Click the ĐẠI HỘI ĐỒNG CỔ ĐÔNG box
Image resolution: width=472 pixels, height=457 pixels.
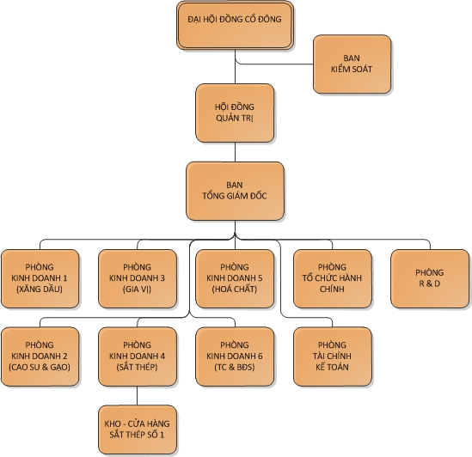pos(235,25)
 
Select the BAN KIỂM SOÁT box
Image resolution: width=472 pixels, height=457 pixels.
pos(352,64)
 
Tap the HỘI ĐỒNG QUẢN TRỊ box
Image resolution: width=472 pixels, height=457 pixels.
pos(235,113)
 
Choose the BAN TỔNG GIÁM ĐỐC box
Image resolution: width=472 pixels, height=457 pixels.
pos(235,191)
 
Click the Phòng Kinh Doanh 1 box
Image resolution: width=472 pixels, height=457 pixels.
pos(40,278)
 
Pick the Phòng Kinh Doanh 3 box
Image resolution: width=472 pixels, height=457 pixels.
pos(138,278)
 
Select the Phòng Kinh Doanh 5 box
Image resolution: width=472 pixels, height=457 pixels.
pos(235,278)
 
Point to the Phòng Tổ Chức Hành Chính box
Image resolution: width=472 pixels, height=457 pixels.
pos(333,278)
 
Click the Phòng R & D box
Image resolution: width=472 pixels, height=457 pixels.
pos(430,278)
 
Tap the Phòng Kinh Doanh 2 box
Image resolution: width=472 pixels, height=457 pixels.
pos(40,356)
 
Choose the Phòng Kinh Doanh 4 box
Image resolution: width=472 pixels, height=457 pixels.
pos(138,356)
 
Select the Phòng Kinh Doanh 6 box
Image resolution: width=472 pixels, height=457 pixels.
pos(235,356)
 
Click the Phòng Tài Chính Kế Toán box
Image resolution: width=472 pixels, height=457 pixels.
pos(333,356)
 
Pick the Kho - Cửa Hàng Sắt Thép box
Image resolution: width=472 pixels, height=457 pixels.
pos(138,430)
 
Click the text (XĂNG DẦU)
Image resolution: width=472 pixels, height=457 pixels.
pos(40,289)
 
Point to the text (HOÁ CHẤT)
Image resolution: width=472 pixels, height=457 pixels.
pos(235,289)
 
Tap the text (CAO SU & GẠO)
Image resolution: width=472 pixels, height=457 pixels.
pos(40,367)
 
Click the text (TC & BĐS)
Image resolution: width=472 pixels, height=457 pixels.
pos(235,367)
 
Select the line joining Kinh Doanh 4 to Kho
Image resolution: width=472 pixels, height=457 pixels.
pos(138,396)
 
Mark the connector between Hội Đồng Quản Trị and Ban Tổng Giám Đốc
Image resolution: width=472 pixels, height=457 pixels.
pos(235,152)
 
